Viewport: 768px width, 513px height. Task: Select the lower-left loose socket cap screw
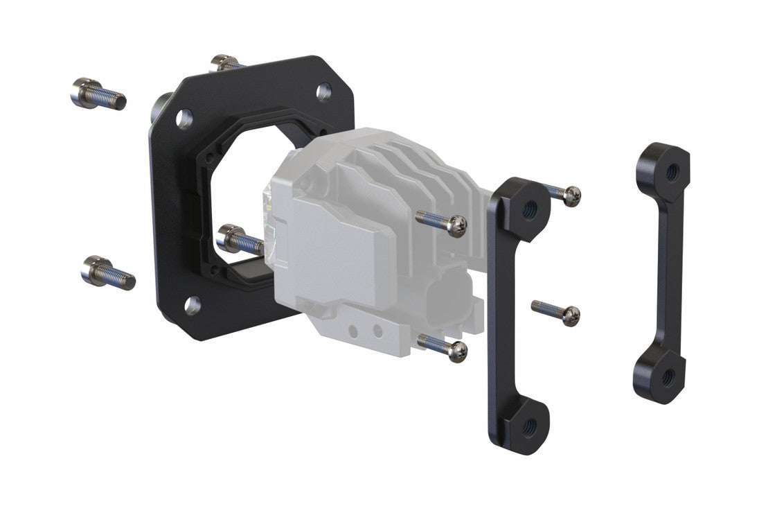(x=107, y=272)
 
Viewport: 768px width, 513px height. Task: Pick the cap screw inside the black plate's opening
(x=240, y=240)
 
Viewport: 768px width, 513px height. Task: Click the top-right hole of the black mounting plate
(x=323, y=91)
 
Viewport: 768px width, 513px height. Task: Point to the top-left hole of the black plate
(x=184, y=118)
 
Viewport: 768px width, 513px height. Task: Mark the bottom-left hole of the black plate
(x=193, y=302)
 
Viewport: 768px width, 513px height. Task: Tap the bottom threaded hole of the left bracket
(x=528, y=424)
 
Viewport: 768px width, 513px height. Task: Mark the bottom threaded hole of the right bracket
(x=668, y=376)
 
